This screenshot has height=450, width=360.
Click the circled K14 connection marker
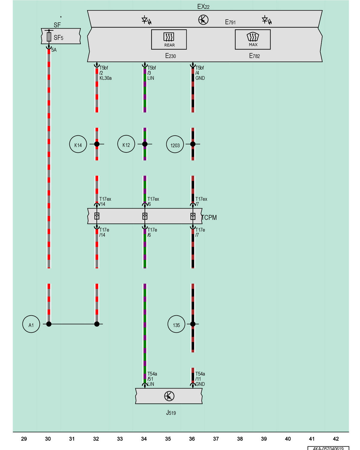78,144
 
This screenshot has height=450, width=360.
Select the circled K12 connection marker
126,144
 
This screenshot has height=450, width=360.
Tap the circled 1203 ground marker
175,144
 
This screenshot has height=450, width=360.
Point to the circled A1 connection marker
31,324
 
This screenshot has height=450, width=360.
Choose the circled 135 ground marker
176,324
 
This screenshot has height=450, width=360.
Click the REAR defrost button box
169,39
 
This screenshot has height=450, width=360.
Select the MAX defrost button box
253,39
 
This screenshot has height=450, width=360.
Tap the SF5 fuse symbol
49,37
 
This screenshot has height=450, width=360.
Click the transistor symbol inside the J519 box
169,396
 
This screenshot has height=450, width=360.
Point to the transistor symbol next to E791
203,20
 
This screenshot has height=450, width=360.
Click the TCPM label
209,217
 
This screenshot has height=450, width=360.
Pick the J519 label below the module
171,412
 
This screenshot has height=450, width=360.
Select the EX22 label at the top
203,7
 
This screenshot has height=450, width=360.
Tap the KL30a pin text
105,78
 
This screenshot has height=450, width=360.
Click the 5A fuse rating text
54,50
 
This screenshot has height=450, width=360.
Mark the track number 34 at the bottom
144,439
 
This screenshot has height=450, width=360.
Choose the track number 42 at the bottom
336,439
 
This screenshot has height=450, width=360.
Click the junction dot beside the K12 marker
145,144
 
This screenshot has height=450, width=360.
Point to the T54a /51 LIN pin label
152,379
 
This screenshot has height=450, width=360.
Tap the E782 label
254,55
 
